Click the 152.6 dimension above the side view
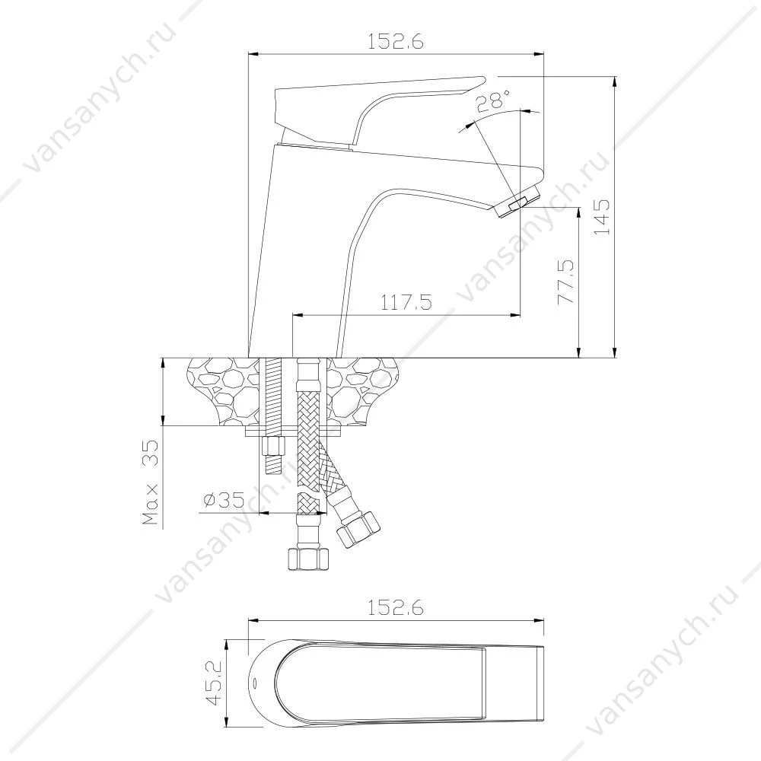pos(396,42)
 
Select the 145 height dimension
pos(602,217)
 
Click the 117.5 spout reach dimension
pos(406,302)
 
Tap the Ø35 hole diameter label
pos(224,500)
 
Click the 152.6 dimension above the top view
pos(396,607)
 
